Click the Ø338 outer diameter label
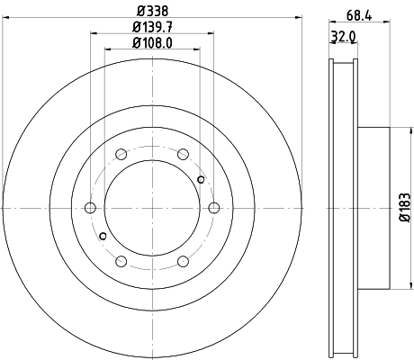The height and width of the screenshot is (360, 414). (150, 11)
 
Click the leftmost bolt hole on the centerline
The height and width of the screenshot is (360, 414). (89, 208)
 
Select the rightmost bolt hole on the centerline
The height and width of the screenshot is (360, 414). (213, 208)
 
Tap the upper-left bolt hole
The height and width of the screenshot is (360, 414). (120, 154)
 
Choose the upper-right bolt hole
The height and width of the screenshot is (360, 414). (183, 154)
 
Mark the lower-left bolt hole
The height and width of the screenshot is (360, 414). (120, 262)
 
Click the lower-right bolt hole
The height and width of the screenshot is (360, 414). (183, 262)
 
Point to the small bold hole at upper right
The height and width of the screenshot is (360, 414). (202, 180)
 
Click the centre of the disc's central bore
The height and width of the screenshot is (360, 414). (151, 208)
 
